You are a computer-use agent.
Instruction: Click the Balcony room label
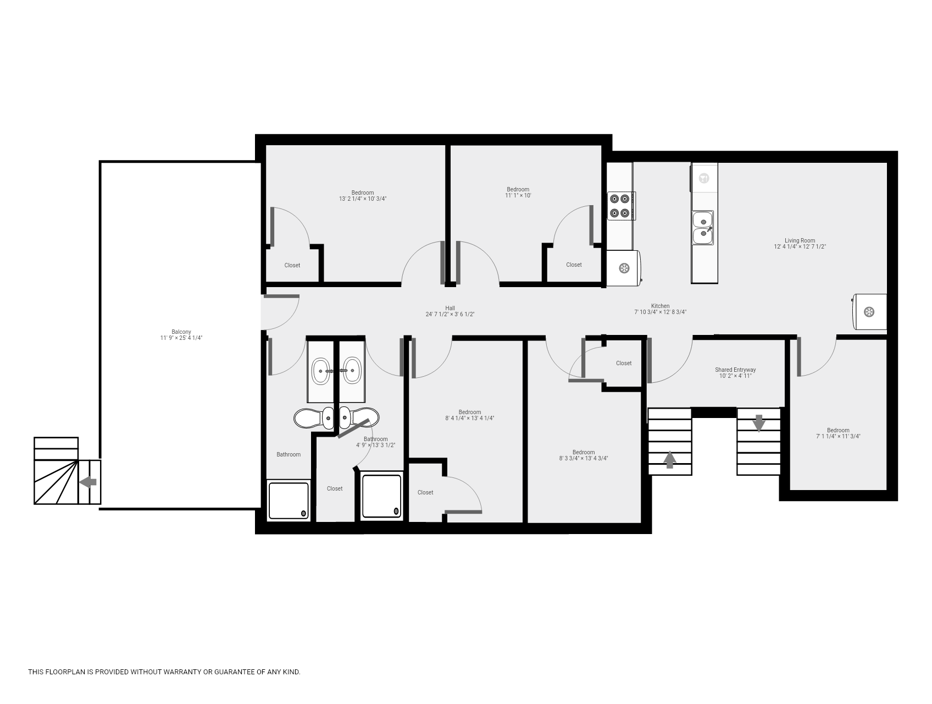pyautogui.click(x=181, y=332)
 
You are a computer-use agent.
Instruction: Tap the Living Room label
pyautogui.click(x=800, y=240)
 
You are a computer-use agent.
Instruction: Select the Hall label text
pyautogui.click(x=450, y=308)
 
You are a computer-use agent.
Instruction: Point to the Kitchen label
pyautogui.click(x=661, y=306)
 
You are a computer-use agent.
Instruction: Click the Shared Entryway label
pyautogui.click(x=735, y=370)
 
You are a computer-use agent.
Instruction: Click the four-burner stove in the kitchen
pyautogui.click(x=621, y=206)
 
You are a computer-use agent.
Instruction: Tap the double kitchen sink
pyautogui.click(x=703, y=228)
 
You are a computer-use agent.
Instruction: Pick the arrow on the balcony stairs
pyautogui.click(x=88, y=482)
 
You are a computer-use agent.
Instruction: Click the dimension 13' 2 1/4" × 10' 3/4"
pyautogui.click(x=363, y=199)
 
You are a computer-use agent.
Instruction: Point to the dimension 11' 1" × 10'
pyautogui.click(x=518, y=195)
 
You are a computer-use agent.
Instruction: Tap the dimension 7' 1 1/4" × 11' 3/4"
pyautogui.click(x=838, y=436)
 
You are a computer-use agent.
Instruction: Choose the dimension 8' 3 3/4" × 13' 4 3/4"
pyautogui.click(x=584, y=458)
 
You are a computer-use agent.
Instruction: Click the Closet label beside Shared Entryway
pyautogui.click(x=624, y=363)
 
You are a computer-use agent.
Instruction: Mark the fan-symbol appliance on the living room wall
pyautogui.click(x=869, y=312)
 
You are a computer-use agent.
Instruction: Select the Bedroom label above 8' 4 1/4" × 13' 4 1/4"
pyautogui.click(x=470, y=412)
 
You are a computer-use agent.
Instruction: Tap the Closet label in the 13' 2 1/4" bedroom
pyautogui.click(x=292, y=265)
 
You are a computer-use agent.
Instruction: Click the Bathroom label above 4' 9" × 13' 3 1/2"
pyautogui.click(x=376, y=439)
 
